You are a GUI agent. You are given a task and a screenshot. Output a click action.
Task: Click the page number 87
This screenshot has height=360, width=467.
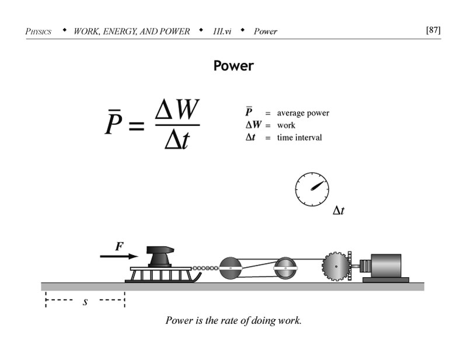tap(433, 30)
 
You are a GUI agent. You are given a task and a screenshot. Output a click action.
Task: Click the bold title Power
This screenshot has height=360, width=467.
tap(233, 65)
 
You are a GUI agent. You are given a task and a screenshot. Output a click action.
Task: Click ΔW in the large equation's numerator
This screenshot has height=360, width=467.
tap(177, 109)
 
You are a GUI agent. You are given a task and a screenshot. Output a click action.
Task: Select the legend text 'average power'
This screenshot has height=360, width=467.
tap(303, 113)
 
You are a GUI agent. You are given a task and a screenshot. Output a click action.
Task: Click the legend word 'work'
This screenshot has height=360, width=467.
tap(286, 125)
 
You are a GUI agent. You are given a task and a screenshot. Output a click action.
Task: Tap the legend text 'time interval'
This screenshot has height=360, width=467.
tap(299, 138)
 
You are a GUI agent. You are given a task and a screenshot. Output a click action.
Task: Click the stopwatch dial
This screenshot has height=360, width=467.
tap(312, 189)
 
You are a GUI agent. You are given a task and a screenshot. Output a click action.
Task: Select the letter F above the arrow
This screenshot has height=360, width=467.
tap(119, 246)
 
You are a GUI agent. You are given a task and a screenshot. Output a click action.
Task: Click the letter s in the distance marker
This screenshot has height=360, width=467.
tap(85, 302)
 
